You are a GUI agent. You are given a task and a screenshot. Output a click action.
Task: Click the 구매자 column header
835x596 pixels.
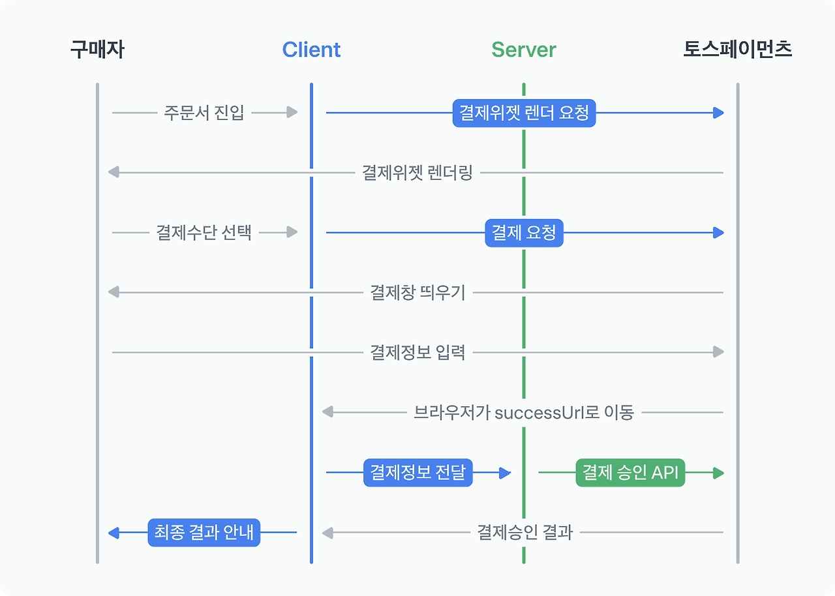click(97, 50)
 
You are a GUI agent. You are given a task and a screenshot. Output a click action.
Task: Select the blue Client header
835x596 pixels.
click(311, 50)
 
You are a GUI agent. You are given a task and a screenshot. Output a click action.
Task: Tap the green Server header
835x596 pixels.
click(524, 50)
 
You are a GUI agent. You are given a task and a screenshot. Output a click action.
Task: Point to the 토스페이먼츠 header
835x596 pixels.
click(738, 50)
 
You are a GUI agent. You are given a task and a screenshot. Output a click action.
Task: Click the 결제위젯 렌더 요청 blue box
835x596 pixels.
click(524, 113)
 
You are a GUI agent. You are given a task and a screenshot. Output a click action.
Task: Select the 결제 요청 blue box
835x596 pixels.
click(524, 233)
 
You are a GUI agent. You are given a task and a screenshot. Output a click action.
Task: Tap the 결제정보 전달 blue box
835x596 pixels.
click(417, 473)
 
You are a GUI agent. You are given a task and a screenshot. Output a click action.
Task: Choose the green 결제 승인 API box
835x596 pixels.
click(630, 473)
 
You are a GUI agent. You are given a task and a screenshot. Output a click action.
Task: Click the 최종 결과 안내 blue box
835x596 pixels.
click(204, 533)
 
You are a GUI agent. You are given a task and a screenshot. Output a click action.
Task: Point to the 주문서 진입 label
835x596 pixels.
click(204, 113)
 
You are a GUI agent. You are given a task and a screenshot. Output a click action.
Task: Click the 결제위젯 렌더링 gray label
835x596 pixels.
click(417, 173)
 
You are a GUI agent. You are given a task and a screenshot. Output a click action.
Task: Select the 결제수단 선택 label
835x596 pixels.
click(204, 233)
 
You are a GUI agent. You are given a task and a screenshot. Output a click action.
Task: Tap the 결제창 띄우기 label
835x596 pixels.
click(417, 293)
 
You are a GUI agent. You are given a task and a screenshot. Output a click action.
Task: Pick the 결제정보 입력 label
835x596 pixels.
click(417, 353)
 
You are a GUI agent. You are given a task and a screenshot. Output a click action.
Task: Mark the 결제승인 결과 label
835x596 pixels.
click(524, 533)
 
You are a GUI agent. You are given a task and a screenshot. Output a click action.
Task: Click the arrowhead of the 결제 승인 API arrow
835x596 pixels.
click(718, 473)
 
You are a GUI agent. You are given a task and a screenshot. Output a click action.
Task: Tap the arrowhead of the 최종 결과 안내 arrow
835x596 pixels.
click(114, 533)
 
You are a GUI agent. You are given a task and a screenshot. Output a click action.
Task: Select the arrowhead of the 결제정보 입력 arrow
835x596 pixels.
click(718, 352)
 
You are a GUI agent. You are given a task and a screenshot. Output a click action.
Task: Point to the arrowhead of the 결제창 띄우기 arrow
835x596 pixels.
click(114, 293)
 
